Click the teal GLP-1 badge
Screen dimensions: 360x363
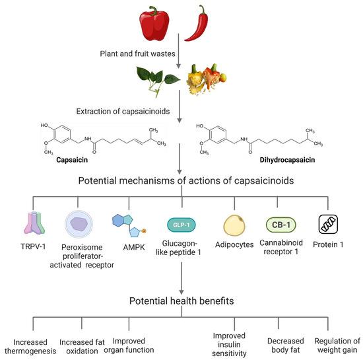[181, 205]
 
